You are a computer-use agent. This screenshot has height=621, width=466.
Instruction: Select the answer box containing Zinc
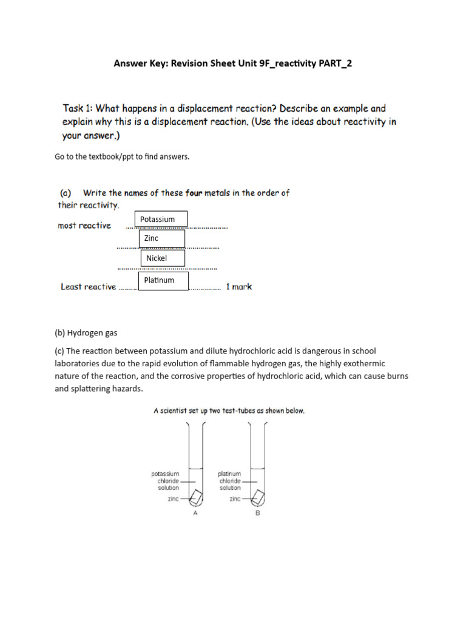point(162,239)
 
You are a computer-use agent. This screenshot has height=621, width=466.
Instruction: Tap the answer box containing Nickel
point(163,258)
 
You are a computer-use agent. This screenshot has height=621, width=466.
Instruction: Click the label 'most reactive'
point(84,226)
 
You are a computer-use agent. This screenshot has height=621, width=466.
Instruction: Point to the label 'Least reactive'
point(88,287)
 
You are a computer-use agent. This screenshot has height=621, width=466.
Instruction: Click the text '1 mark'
point(238,287)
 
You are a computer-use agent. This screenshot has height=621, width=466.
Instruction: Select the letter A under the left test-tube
point(195,513)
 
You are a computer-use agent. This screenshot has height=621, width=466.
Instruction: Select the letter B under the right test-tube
point(257,513)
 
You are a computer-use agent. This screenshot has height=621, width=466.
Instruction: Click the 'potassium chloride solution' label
point(165,481)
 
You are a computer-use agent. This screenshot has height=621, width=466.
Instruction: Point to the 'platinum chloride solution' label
point(229,481)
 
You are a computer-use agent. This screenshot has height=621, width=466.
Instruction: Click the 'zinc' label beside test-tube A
point(173,499)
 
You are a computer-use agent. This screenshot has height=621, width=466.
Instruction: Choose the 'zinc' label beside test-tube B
point(235,499)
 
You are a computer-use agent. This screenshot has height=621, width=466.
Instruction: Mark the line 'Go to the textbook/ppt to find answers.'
point(122,156)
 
